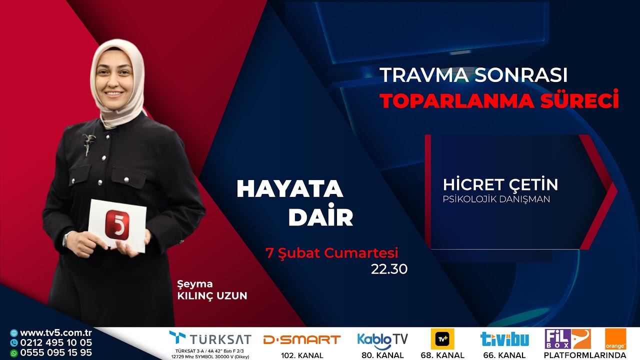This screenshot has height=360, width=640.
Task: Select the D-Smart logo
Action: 302,340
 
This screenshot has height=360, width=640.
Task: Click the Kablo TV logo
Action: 382,339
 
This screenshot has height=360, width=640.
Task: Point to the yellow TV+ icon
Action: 442,339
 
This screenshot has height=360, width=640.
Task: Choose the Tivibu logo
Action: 504,339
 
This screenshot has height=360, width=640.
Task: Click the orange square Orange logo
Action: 615,339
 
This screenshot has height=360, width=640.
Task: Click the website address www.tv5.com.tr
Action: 55,333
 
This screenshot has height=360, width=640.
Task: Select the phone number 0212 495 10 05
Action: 56,343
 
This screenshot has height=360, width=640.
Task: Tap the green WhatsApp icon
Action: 13,353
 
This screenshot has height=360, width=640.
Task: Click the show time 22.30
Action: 389,269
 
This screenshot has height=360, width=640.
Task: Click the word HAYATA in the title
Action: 289,189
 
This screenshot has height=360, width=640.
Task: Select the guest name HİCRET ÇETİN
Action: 500,184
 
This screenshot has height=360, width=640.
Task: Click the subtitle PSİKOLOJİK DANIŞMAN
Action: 496,199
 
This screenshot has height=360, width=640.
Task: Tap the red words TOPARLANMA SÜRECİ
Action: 499,100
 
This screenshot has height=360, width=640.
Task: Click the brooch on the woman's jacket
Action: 89,143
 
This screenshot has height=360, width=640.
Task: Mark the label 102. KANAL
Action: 302,355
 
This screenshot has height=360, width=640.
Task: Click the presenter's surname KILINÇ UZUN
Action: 212,295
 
